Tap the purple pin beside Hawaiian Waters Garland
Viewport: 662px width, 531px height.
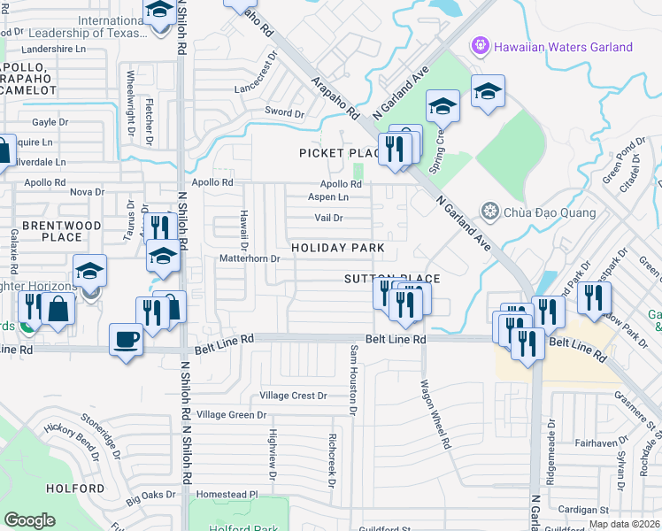[x=481, y=43]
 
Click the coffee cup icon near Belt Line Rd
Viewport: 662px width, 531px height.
[x=125, y=340]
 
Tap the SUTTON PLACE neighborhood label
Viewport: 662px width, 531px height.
[x=392, y=279]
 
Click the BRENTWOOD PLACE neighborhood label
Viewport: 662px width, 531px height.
[x=62, y=232]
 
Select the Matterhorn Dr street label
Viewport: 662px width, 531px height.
[x=250, y=259]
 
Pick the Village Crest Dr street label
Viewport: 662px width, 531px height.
[x=293, y=396]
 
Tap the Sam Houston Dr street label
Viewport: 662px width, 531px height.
[x=353, y=381]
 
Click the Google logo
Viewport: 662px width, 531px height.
[x=29, y=520]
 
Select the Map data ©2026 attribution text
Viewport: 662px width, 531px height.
[x=624, y=524]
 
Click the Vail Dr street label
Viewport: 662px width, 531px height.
[x=328, y=218]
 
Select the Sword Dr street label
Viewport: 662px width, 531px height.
[x=284, y=113]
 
